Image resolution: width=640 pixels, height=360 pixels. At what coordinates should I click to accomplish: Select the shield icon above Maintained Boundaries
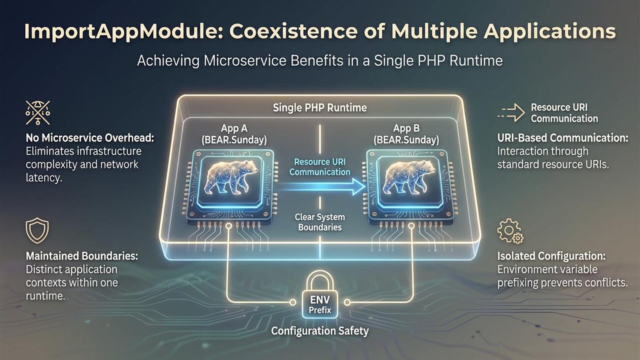click(37, 230)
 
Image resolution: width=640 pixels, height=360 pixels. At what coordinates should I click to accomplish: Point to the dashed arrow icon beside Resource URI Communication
click(511, 113)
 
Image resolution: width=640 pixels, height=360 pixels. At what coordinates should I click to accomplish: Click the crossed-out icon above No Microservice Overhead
click(38, 113)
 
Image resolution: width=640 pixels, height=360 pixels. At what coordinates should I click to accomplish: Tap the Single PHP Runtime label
click(320, 108)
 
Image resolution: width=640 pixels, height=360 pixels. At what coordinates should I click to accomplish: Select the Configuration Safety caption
click(320, 331)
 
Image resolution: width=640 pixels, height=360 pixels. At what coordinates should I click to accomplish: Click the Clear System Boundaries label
click(320, 222)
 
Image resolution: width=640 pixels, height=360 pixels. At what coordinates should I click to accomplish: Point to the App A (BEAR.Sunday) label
click(234, 134)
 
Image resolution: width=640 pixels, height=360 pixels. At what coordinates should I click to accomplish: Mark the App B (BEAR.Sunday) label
click(406, 134)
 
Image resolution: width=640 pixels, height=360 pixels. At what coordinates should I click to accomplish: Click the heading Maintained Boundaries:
click(82, 256)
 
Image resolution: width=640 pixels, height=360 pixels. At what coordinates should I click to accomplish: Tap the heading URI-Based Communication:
click(563, 138)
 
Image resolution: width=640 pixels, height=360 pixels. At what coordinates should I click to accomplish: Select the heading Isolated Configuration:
click(551, 256)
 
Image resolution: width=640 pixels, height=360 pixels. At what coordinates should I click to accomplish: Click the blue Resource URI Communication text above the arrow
click(320, 167)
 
